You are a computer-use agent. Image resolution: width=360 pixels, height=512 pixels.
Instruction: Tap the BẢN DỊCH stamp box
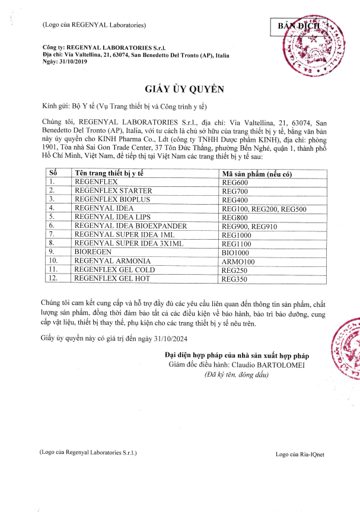298,27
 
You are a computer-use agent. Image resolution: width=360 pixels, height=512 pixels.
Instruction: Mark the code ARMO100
237,260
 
